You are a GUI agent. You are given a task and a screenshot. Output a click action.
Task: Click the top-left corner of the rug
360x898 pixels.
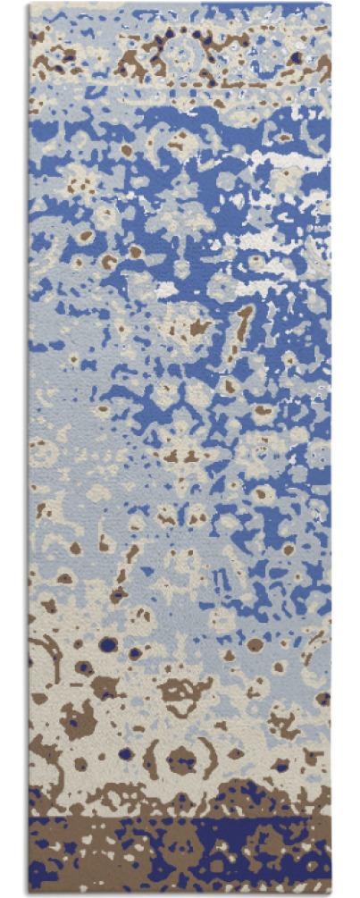click(x=30, y=4)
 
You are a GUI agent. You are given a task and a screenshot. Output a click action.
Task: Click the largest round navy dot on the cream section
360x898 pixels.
click(x=108, y=644)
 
